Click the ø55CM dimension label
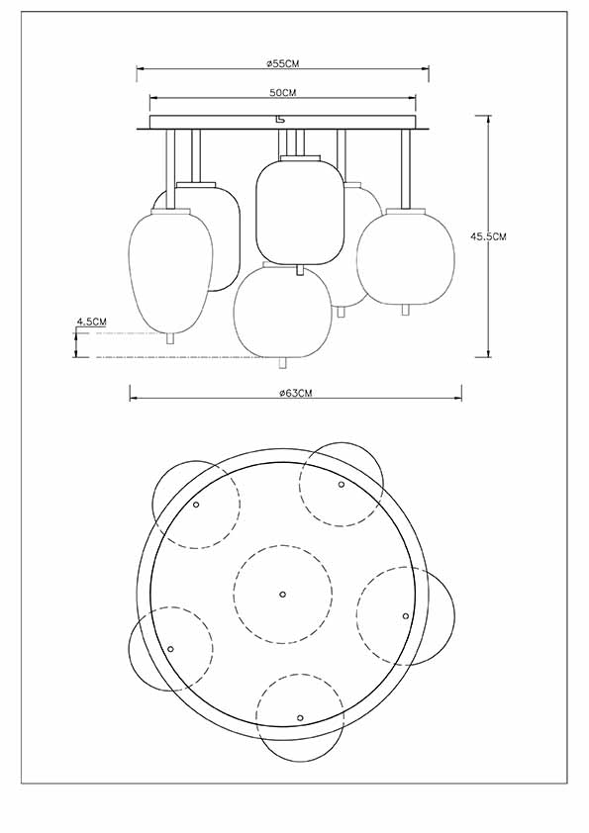282,63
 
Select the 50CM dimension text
282,92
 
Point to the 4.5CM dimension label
90,323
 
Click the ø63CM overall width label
296,393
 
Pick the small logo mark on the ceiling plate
280,121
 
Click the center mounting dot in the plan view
282,594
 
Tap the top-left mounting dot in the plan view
196,505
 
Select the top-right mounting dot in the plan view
342,485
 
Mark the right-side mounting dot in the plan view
406,615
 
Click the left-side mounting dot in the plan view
170,648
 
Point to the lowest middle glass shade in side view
282,310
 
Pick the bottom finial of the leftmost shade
169,338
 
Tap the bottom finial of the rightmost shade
404,311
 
